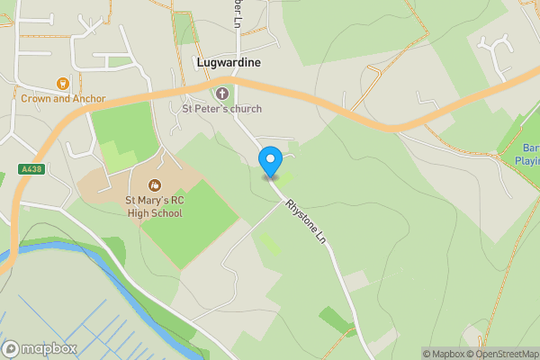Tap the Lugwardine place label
pos(229,63)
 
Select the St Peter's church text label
pos(221,110)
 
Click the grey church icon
pos(222,93)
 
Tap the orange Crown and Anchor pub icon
pos(62,84)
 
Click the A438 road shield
pos(31,168)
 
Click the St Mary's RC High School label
pos(153,207)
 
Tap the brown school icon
pos(153,185)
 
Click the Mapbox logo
pos(37,348)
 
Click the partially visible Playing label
pos(526,162)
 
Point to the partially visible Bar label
pos(531,148)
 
